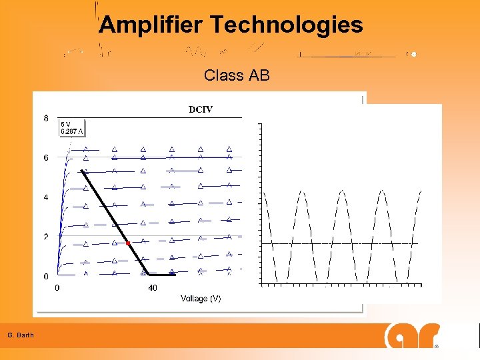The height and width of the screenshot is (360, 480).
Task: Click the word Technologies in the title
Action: (287, 25)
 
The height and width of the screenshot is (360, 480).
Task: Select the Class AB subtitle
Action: (237, 75)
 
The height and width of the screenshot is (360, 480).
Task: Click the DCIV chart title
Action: (201, 109)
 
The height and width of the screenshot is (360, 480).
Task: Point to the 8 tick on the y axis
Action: (46, 119)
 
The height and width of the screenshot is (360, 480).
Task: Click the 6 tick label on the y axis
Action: (46, 158)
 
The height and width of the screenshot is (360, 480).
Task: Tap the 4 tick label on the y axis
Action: (46, 197)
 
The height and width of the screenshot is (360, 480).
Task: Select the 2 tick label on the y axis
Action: (46, 237)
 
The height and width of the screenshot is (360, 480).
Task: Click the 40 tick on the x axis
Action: (153, 288)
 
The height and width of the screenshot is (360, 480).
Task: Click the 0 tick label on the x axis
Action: (57, 288)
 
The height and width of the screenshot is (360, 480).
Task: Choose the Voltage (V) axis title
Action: (201, 299)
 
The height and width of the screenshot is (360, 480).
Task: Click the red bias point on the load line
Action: (128, 244)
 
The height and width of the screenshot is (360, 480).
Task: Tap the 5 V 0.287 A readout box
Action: (73, 127)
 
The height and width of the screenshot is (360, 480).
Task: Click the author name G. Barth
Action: (21, 335)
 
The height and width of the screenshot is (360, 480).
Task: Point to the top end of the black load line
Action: (81, 171)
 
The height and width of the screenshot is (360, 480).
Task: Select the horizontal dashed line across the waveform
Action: (340, 243)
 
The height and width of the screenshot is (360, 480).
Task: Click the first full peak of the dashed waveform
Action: (302, 192)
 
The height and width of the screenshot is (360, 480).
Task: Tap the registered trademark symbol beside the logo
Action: (437, 347)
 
